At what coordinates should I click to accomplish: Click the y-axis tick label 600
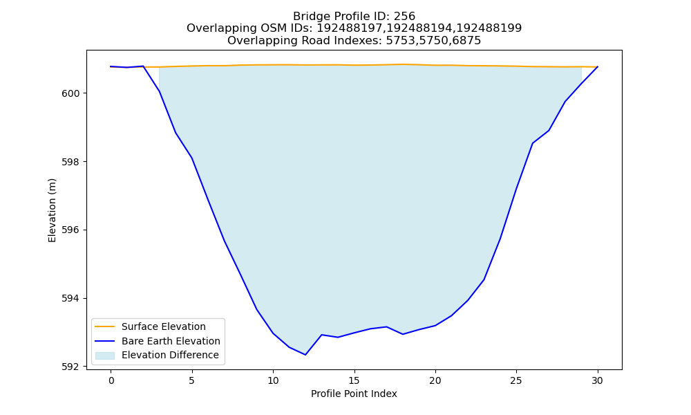click(x=70, y=93)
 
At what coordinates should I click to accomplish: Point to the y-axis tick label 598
click(x=70, y=162)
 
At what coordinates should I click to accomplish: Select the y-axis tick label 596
click(x=70, y=230)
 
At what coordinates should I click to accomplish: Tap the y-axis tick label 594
click(x=70, y=299)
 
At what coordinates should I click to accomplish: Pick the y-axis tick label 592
click(x=70, y=367)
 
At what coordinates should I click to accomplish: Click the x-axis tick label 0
click(x=111, y=380)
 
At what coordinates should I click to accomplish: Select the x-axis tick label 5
click(x=192, y=380)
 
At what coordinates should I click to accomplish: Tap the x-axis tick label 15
click(x=354, y=380)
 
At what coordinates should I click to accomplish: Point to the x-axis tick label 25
click(x=516, y=380)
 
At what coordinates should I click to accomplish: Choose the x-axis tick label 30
click(x=598, y=380)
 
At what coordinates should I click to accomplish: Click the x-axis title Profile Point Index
click(x=354, y=394)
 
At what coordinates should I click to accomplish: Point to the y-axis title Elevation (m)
click(x=52, y=210)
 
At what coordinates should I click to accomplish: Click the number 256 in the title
click(x=404, y=17)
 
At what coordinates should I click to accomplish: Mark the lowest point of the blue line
click(x=305, y=355)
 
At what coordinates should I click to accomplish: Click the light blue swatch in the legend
click(x=105, y=356)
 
